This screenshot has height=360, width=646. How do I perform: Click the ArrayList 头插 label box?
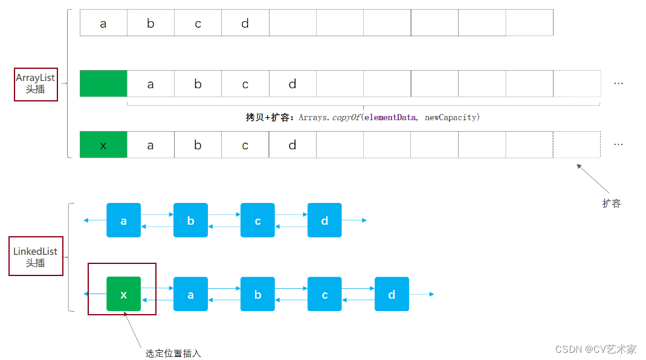point(36,84)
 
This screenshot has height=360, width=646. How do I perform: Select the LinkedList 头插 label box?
point(36,256)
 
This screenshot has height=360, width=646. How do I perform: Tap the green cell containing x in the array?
point(103,145)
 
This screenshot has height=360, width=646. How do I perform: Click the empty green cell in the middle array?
point(103,84)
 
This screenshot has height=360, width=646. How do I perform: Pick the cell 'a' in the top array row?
point(103,23)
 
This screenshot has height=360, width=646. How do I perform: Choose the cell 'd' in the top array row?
point(245,23)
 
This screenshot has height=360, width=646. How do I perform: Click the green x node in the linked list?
point(124,294)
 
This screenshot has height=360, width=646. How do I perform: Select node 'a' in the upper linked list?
point(124,220)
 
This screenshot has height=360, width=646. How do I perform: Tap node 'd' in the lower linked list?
point(392,294)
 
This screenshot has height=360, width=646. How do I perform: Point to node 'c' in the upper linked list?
point(257,220)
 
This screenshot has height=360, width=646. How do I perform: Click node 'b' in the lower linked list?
point(257,294)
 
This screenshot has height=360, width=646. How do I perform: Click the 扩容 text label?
point(611,204)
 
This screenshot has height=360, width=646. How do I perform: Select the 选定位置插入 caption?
point(173,353)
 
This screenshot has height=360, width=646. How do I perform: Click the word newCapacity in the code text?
point(450,117)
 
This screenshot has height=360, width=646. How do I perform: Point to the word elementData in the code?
point(390,117)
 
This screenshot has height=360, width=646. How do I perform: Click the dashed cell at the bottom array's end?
point(577,145)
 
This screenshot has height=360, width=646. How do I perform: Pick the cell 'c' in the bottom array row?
point(245,145)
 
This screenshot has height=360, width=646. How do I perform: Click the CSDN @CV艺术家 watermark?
point(596,349)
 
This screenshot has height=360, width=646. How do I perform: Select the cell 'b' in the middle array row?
point(198,84)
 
